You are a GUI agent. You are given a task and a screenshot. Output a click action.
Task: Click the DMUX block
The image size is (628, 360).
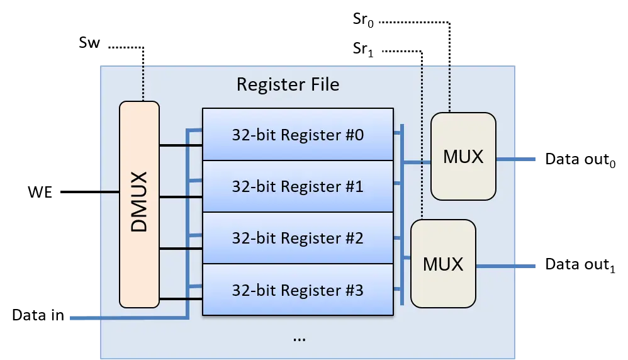click(139, 204)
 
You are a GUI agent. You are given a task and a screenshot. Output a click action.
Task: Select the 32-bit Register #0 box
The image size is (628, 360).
click(298, 134)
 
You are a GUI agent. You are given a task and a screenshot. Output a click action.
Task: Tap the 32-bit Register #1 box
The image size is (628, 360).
click(298, 186)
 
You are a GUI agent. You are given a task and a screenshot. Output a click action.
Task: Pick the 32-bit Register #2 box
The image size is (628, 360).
click(298, 238)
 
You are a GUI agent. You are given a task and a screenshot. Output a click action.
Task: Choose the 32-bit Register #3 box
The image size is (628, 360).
click(298, 290)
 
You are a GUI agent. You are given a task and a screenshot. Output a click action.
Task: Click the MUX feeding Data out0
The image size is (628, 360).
click(463, 156)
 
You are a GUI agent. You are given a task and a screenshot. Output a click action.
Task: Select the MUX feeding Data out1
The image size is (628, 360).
click(444, 264)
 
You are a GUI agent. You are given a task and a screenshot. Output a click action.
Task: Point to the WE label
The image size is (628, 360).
click(40, 192)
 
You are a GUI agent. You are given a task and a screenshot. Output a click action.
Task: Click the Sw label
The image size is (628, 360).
click(89, 42)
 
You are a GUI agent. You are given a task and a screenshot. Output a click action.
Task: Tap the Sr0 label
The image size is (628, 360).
click(363, 20)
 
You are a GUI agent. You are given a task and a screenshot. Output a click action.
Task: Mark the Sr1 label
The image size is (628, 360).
click(363, 49)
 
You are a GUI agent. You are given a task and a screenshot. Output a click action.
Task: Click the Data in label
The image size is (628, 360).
click(38, 315)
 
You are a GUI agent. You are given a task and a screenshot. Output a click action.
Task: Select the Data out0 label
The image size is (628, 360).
click(580, 159)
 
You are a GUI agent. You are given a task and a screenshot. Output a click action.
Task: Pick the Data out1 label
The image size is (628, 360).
click(580, 265)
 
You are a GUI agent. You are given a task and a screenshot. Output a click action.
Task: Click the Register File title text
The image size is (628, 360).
click(288, 84)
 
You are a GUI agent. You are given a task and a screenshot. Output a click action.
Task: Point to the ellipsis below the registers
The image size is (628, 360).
click(299, 340)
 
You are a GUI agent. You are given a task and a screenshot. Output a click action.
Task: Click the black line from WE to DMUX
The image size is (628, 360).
click(90, 192)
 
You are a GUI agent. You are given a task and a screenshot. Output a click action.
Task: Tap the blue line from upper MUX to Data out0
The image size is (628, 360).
click(516, 159)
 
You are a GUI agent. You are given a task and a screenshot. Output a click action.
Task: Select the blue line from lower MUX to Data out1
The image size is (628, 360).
click(506, 266)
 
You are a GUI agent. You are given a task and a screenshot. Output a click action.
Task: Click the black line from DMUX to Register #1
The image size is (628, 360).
click(181, 197)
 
